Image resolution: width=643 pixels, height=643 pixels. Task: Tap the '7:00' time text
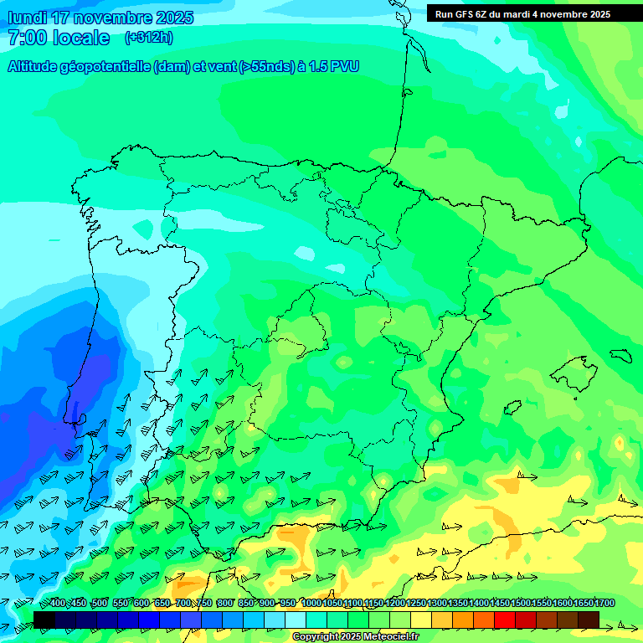tap(28, 38)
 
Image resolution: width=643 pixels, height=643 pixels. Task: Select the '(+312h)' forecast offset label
tap(149, 38)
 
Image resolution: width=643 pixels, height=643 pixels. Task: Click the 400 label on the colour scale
tap(58, 604)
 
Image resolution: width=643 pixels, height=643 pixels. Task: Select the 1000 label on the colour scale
tap(311, 604)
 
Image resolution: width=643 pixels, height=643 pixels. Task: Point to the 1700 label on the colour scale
tap(584, 604)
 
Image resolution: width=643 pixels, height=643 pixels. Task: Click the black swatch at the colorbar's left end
tap(44, 619)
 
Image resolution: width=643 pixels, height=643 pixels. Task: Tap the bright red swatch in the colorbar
tap(505, 619)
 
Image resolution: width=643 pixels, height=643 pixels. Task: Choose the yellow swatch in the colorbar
tap(421, 619)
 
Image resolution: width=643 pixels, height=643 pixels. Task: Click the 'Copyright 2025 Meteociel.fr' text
tap(356, 637)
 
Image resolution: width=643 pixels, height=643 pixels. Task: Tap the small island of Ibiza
tap(511, 408)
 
